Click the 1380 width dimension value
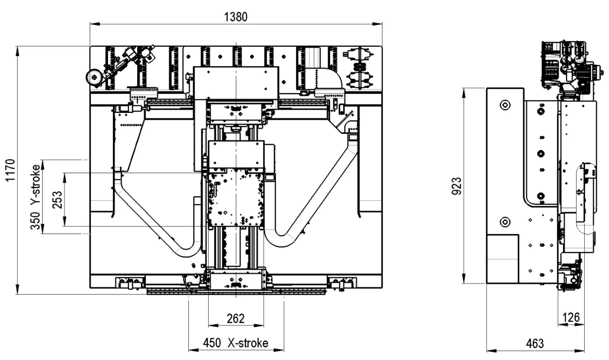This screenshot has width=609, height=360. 236,17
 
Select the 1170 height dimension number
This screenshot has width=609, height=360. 10,171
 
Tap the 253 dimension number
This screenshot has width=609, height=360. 58,200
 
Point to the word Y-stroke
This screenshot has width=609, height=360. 36,184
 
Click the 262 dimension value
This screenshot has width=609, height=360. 236,319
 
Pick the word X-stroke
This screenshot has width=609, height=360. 248,343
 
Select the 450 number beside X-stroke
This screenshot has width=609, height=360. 212,343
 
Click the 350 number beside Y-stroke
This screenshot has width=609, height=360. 36,221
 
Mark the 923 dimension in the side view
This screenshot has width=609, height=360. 457,186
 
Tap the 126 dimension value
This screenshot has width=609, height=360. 571,318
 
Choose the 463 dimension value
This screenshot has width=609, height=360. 535,344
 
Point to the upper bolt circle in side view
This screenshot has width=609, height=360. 505,105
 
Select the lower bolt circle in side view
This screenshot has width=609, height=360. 505,222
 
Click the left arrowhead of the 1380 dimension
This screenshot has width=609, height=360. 95,24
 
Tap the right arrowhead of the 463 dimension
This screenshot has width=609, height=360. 579,351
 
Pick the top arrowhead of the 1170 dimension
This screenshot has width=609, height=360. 18,51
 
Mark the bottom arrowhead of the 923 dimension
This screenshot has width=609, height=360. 464,279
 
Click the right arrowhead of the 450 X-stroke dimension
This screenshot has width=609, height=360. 279,350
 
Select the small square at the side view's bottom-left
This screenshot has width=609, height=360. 502,259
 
